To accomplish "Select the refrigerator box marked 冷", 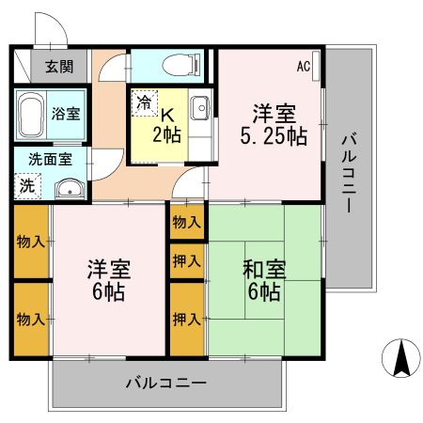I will click(146, 102).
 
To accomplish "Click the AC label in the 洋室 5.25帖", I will click(305, 66).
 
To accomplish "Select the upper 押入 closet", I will click(186, 260).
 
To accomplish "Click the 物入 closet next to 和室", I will click(186, 223).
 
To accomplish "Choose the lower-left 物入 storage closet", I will click(30, 320).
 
